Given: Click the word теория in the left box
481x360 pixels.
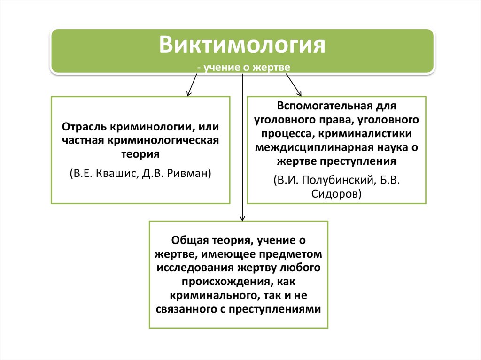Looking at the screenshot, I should click(140, 153).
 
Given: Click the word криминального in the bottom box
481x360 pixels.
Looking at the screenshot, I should click(209, 295).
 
